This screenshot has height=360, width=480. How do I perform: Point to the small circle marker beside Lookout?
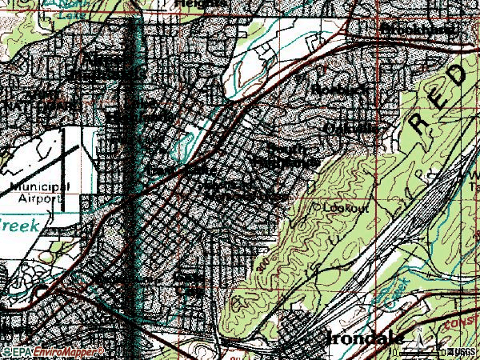pos(316,206)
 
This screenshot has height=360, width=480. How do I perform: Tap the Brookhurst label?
pos(419,30)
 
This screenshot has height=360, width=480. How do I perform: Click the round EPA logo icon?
pos(6,353)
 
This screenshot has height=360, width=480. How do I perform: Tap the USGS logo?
pos(463,351)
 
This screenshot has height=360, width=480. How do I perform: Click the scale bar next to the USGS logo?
pos(436,350)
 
